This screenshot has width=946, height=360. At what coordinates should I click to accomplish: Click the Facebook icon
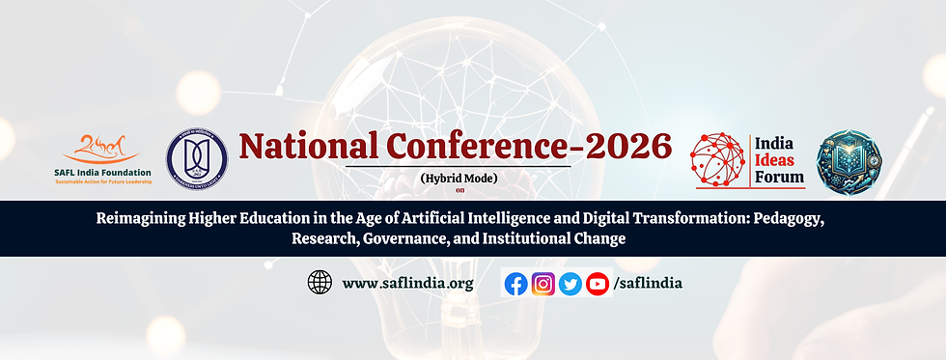pyautogui.click(x=516, y=284)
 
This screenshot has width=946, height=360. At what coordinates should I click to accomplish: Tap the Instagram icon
pyautogui.click(x=543, y=284)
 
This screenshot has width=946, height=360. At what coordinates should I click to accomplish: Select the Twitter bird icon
pyautogui.click(x=570, y=284)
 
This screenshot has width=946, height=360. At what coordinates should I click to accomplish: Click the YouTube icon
pyautogui.click(x=598, y=284)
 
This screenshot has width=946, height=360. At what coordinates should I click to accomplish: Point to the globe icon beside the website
pyautogui.click(x=320, y=283)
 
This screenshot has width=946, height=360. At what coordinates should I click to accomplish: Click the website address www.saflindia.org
pyautogui.click(x=408, y=284)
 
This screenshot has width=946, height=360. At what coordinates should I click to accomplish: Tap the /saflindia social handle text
pyautogui.click(x=649, y=284)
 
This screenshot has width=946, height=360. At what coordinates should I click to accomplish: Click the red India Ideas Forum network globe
pyautogui.click(x=719, y=159)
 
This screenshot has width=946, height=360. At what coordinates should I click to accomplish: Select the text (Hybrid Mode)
pyautogui.click(x=458, y=178)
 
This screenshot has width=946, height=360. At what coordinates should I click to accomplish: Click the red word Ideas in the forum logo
pyautogui.click(x=779, y=159)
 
